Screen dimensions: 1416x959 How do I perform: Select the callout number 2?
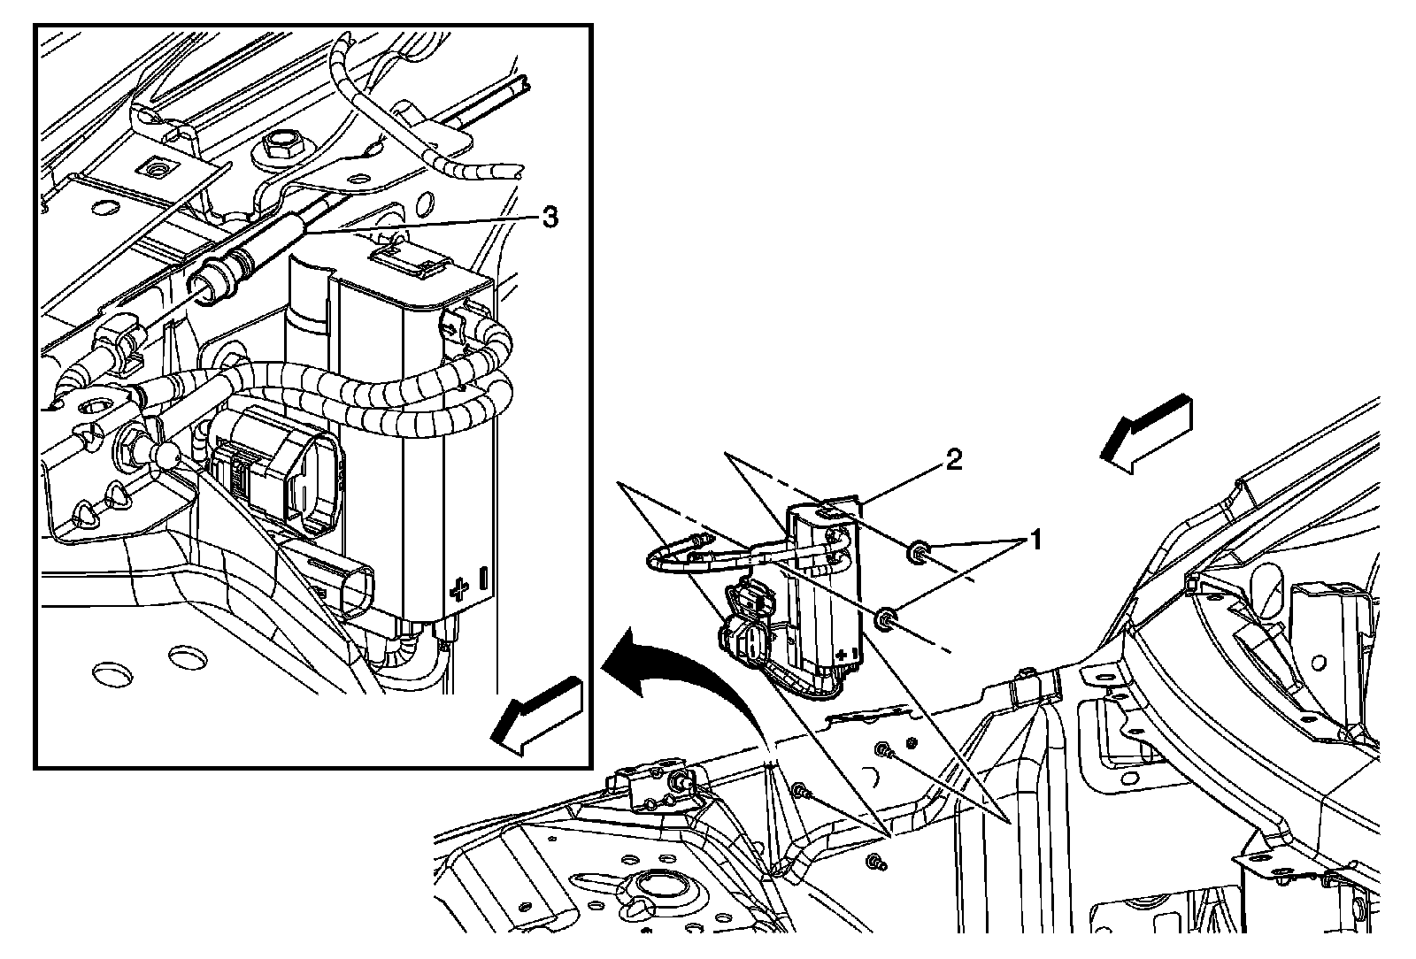pyautogui.click(x=952, y=459)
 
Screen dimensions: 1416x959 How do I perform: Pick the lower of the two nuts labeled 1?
pyautogui.click(x=885, y=619)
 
